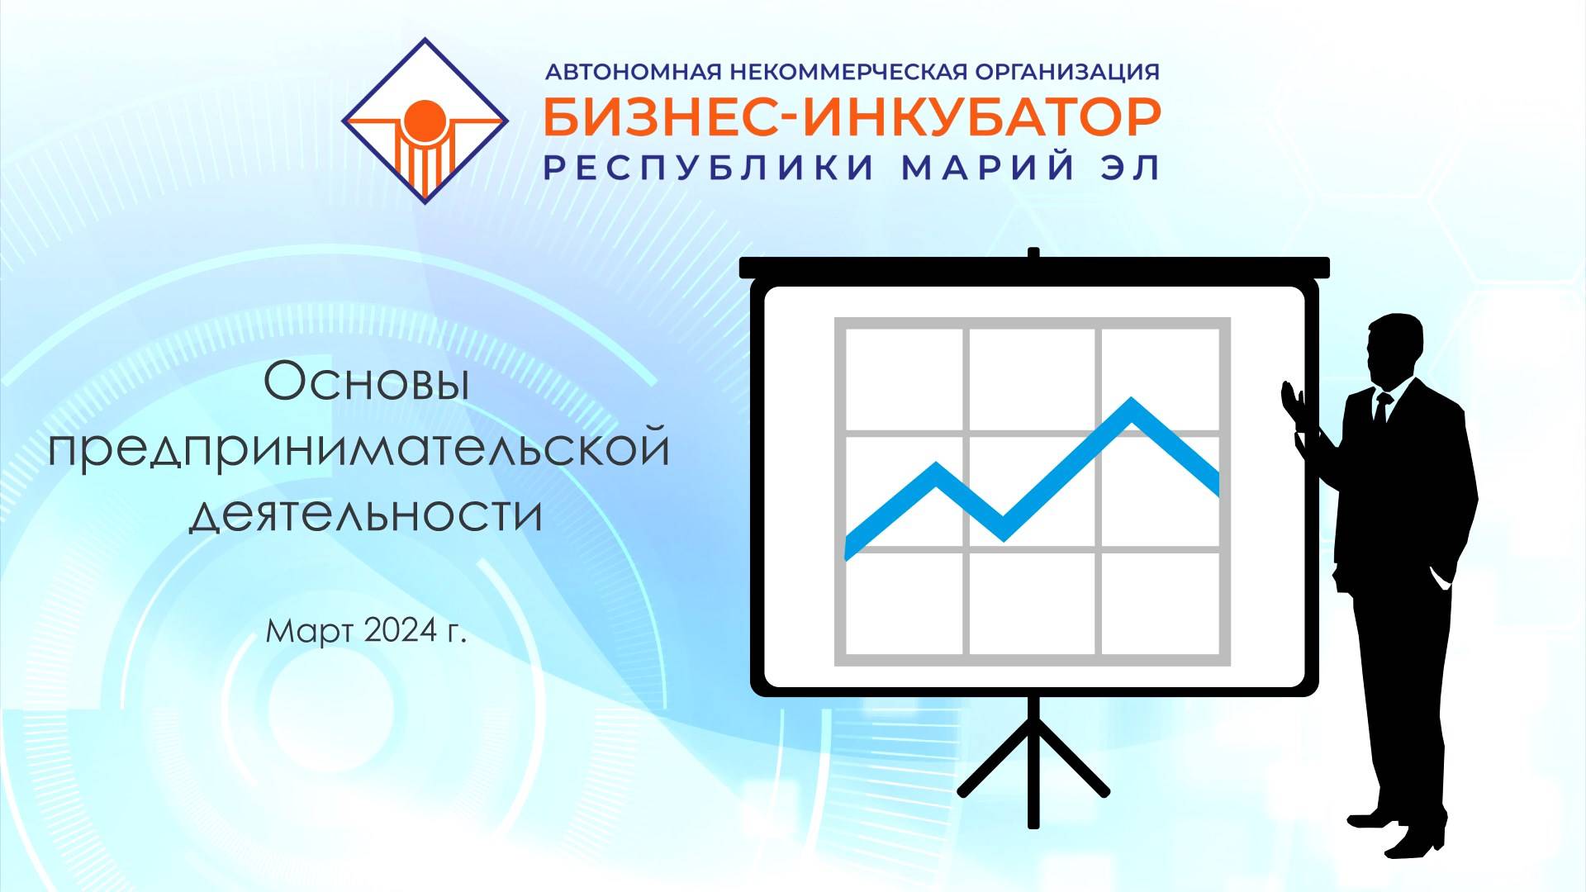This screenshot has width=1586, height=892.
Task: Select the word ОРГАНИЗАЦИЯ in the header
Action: tap(1067, 73)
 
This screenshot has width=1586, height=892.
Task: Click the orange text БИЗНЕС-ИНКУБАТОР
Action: tap(852, 118)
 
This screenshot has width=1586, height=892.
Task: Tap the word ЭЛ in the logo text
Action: tap(1131, 168)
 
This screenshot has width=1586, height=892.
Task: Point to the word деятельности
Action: tap(366, 514)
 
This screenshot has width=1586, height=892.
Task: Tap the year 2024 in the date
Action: tap(400, 631)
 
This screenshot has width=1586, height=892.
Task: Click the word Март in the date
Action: tap(310, 632)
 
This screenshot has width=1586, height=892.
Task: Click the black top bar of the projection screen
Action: tap(1033, 268)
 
